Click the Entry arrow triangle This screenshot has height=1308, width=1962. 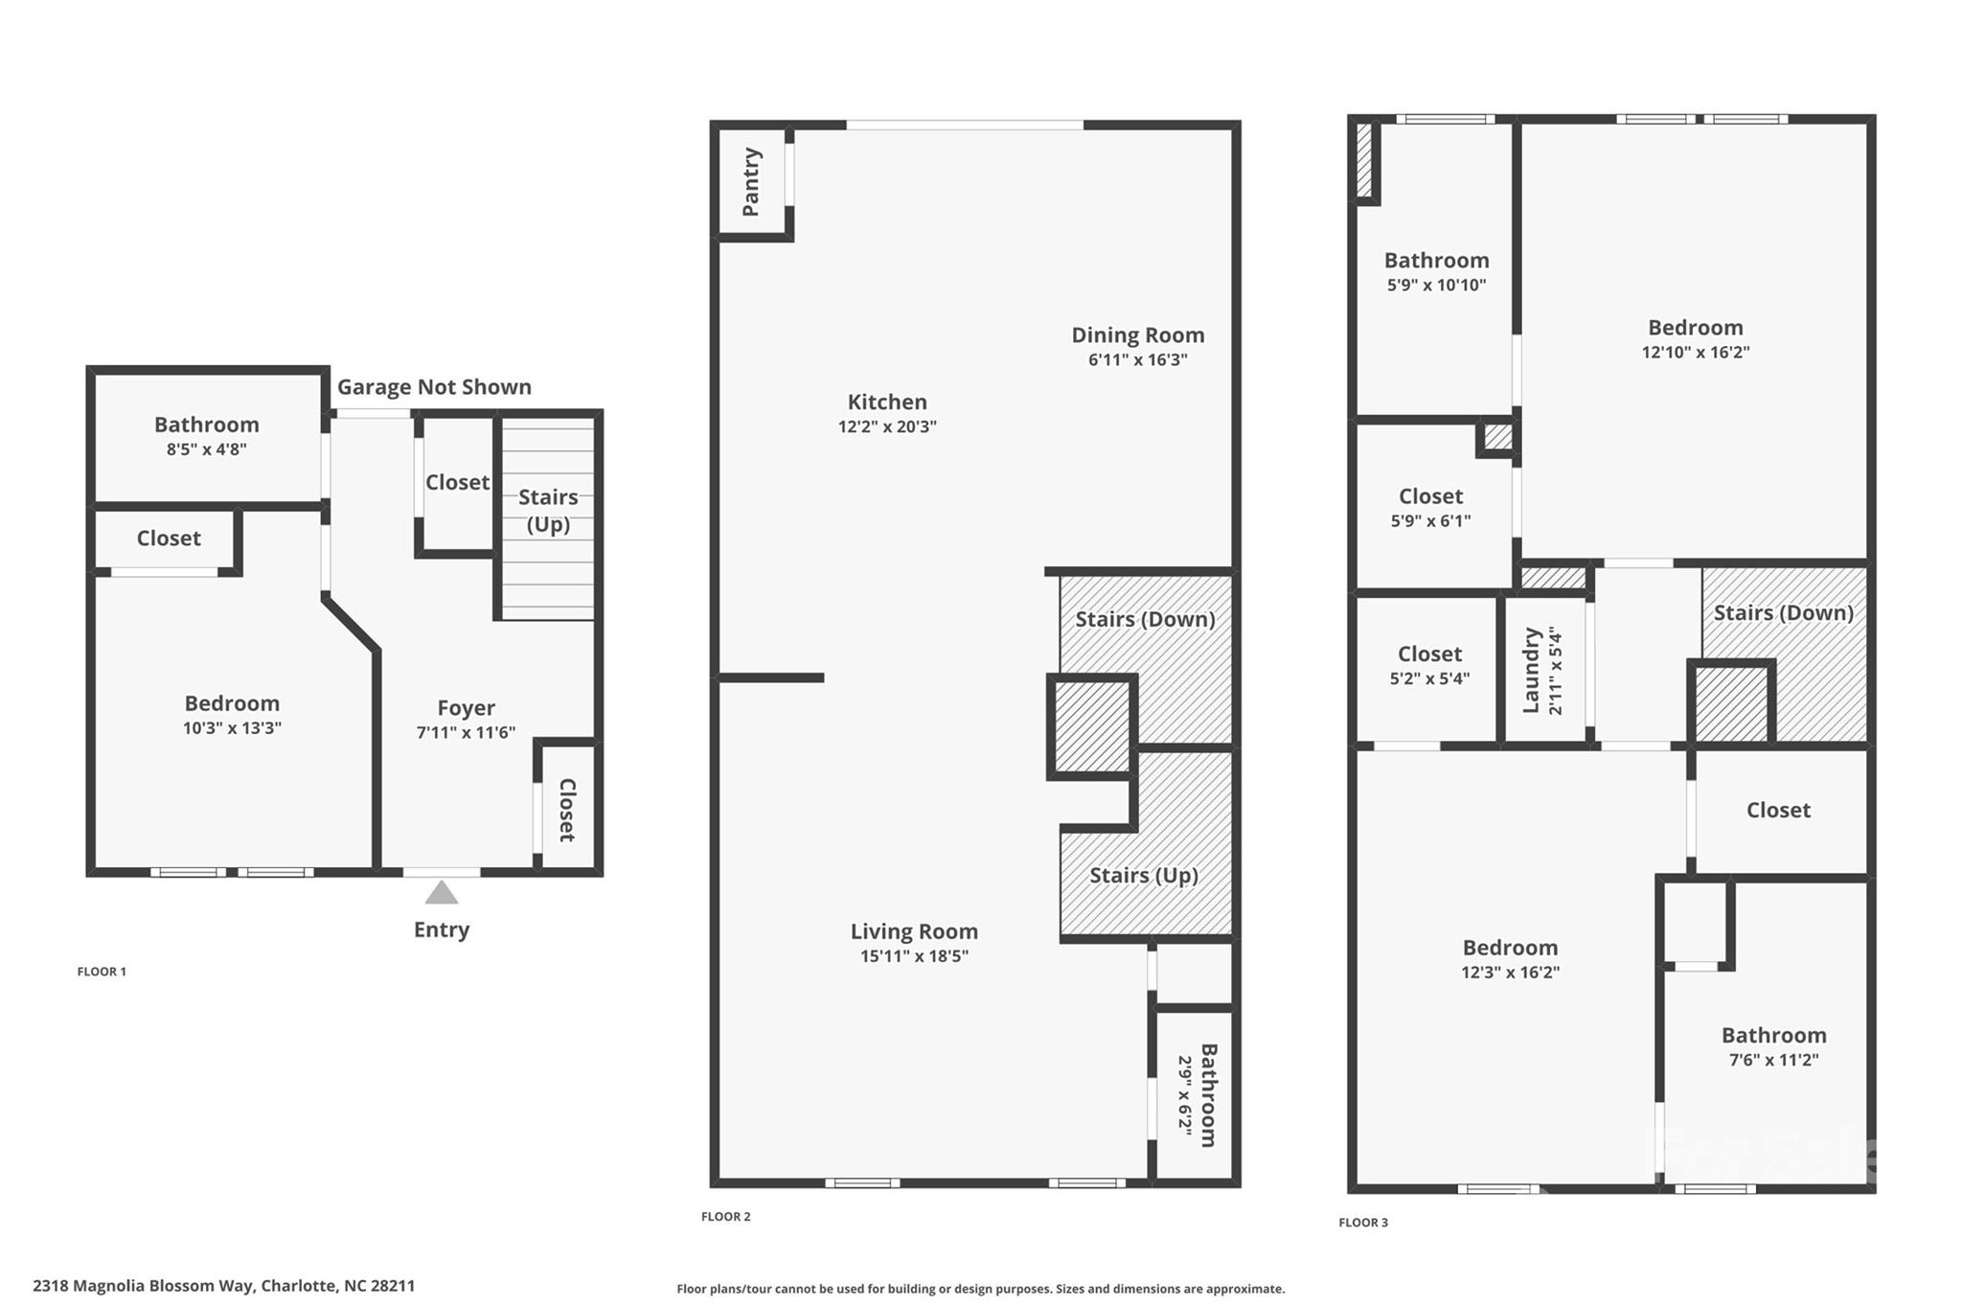(441, 894)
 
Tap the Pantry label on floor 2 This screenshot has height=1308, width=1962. (751, 182)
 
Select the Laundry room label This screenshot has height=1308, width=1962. (1531, 670)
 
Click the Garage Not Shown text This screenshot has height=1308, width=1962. (434, 387)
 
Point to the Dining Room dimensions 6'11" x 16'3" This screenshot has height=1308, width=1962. (1137, 360)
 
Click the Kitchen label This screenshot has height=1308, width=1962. (887, 402)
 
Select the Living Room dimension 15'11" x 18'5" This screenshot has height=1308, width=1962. (914, 956)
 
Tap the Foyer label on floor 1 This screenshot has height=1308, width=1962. (466, 708)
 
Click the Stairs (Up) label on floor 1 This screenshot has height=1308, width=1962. (548, 510)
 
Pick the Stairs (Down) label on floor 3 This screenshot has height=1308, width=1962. (1783, 613)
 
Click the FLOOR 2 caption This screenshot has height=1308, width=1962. (725, 1217)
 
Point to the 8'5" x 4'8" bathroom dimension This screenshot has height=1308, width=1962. (206, 449)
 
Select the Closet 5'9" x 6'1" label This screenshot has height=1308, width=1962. (1430, 496)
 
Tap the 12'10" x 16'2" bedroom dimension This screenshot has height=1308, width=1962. (1695, 353)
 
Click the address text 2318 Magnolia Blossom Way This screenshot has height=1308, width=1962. (144, 1286)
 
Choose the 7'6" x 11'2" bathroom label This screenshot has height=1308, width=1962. (1773, 1036)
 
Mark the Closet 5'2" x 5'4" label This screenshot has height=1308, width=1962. (1429, 654)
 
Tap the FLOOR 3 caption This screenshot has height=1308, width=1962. (1362, 1223)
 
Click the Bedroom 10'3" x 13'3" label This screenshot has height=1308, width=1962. (232, 703)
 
